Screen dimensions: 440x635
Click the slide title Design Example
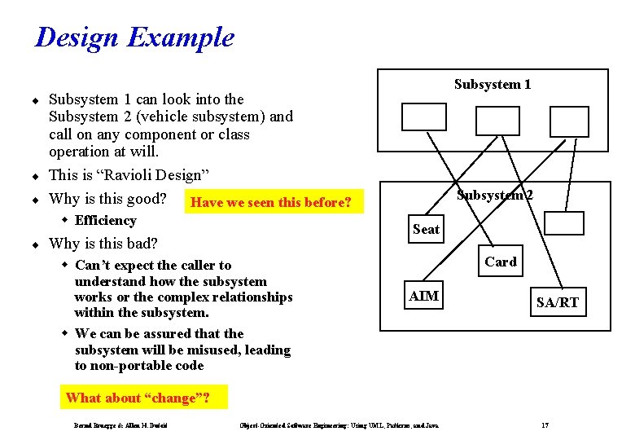click(134, 37)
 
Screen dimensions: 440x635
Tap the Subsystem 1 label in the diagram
click(493, 85)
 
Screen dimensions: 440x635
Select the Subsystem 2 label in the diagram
click(495, 195)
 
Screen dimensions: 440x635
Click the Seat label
click(426, 229)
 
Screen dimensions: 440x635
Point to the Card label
click(500, 262)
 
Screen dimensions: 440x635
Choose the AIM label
click(423, 297)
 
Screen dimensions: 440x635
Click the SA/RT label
click(558, 302)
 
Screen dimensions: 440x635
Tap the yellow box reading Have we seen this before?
click(270, 202)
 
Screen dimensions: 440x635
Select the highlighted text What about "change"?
click(138, 398)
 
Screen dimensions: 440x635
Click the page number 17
click(545, 425)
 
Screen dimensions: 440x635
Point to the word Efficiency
click(105, 220)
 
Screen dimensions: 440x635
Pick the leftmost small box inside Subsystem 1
click(424, 119)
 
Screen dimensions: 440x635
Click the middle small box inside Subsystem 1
click(497, 121)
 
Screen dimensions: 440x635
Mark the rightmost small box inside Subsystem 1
click(569, 121)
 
